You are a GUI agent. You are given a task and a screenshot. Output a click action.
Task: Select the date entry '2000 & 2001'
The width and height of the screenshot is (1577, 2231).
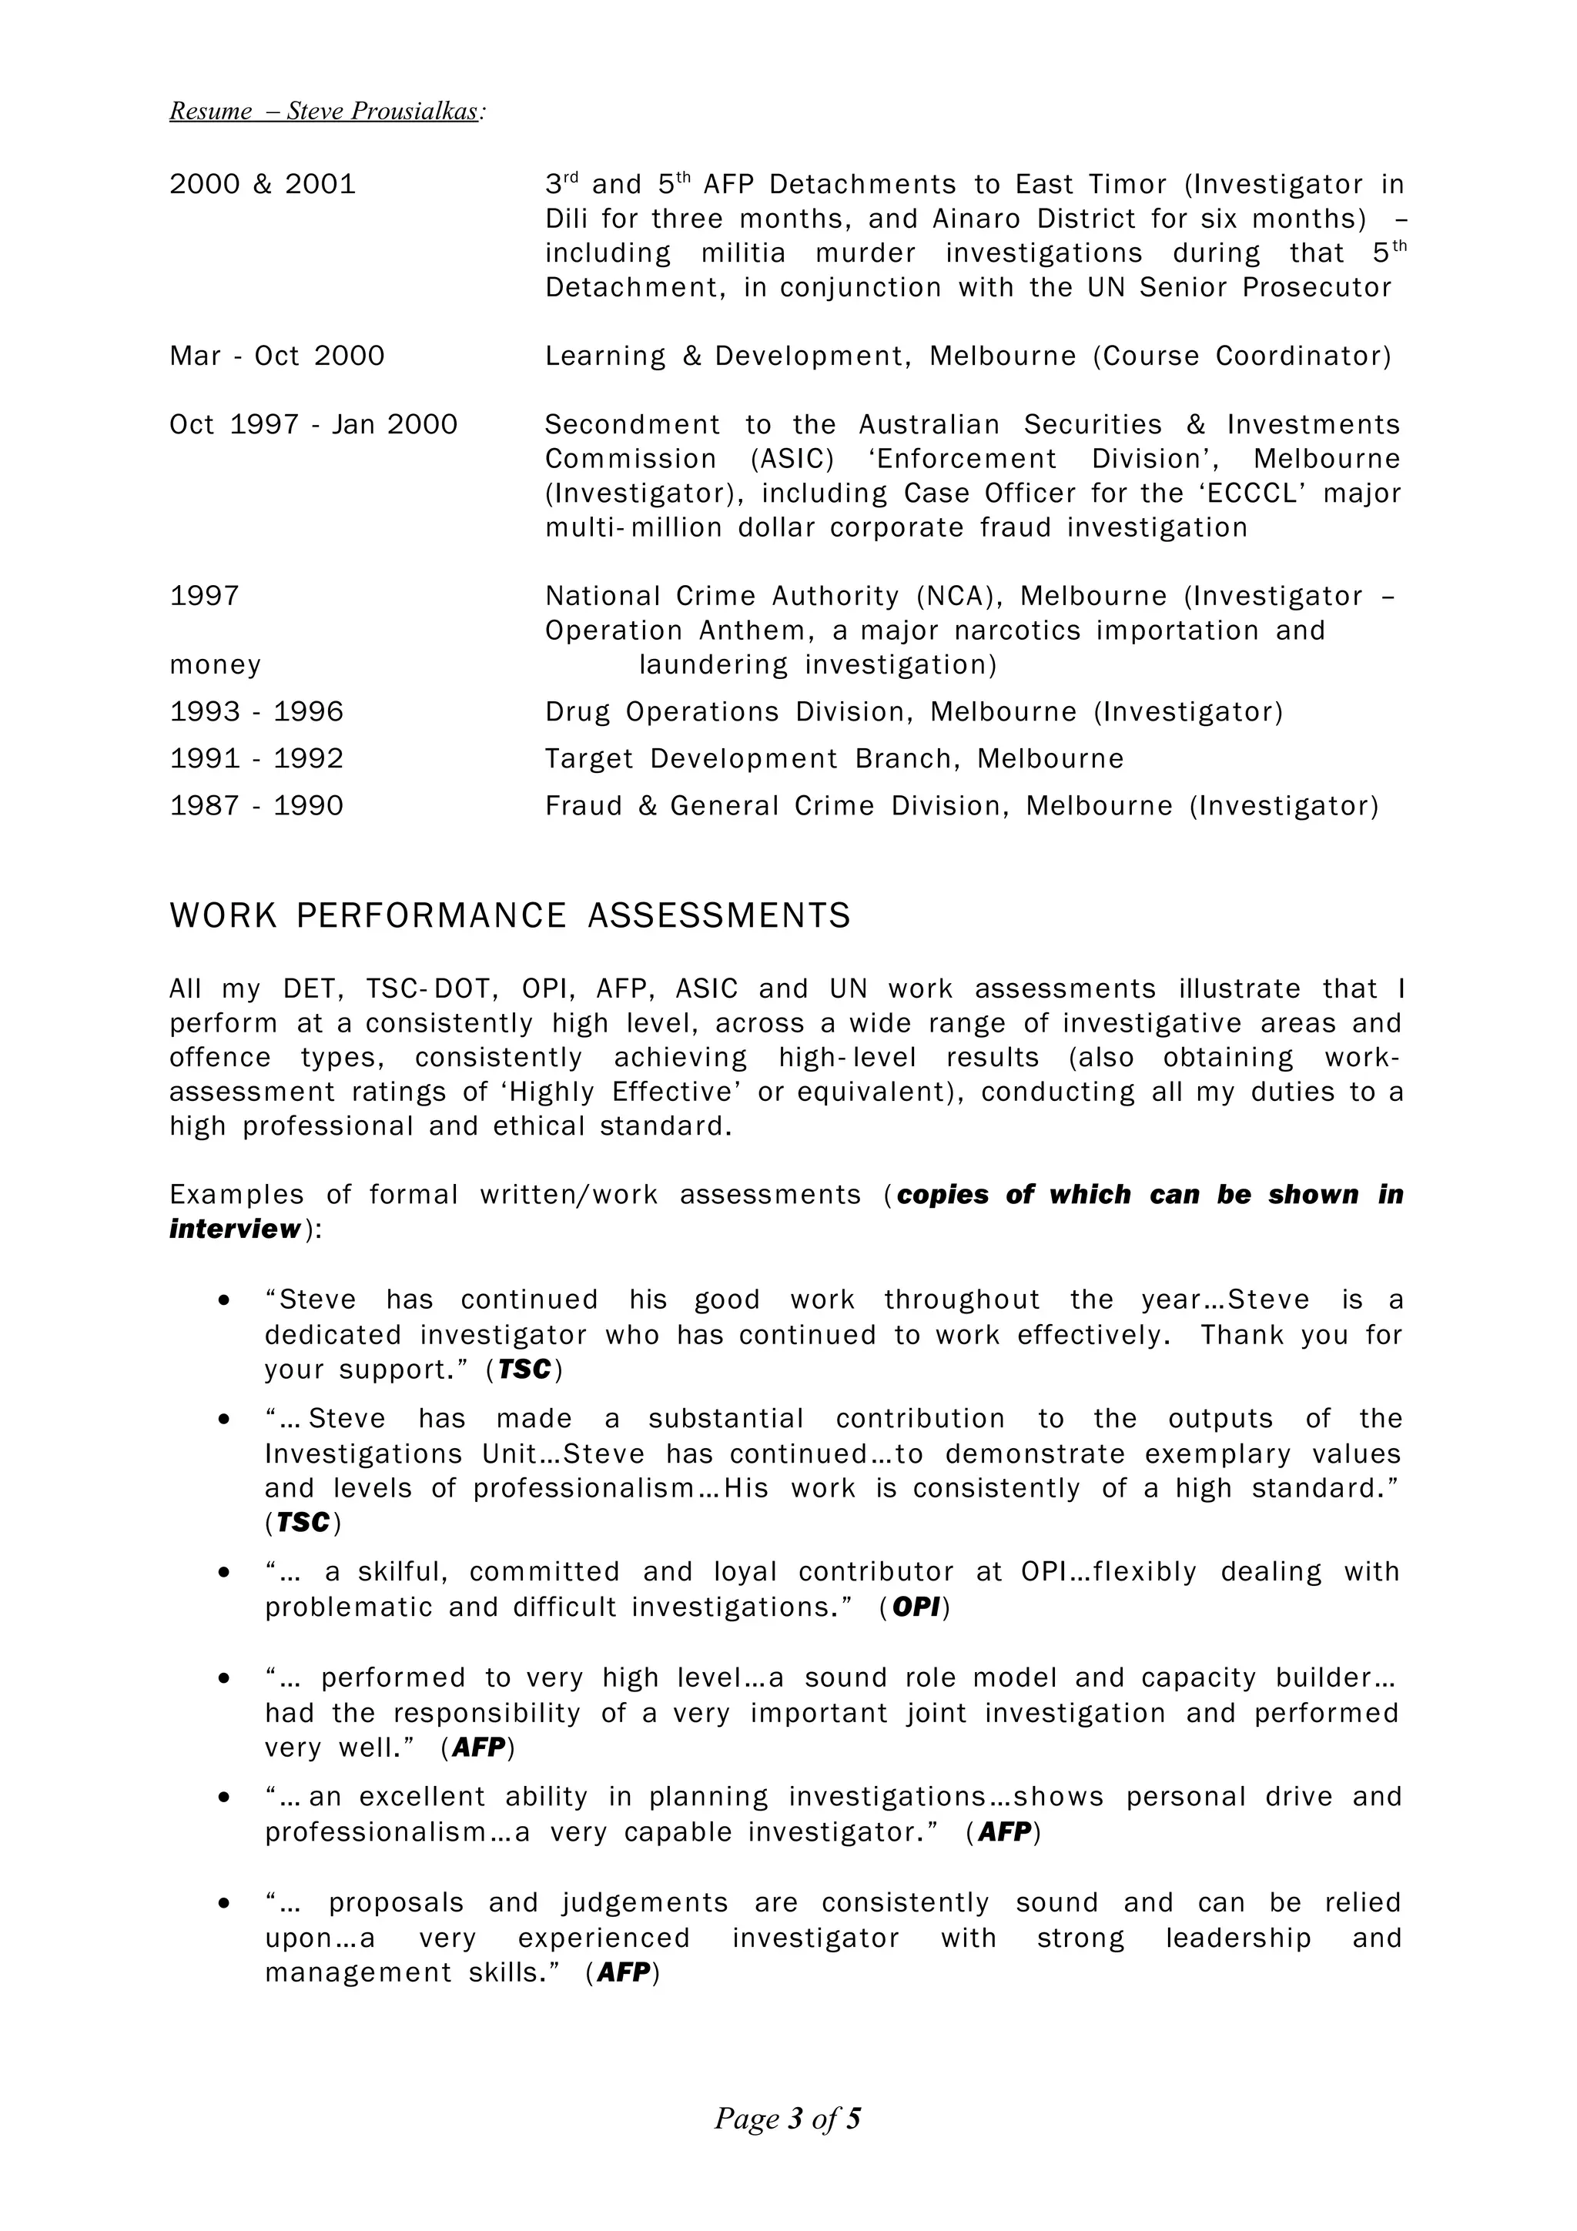263,185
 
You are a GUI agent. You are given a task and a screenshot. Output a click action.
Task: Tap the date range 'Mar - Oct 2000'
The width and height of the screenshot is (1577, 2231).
277,356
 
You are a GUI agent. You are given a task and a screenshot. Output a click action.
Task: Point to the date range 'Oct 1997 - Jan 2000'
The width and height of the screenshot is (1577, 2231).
313,425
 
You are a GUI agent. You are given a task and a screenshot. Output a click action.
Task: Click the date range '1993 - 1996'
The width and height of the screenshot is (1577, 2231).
256,712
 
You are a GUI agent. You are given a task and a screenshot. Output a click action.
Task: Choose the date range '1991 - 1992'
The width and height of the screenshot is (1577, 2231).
256,759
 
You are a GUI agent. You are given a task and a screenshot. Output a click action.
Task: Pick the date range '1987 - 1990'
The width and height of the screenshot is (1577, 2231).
256,807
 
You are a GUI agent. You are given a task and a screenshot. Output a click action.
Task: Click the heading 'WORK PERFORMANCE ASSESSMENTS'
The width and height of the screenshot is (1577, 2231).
510,916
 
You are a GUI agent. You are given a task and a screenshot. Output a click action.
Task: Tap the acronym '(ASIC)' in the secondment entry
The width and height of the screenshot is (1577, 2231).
791,460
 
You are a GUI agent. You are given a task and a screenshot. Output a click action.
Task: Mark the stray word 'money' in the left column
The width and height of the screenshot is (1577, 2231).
216,666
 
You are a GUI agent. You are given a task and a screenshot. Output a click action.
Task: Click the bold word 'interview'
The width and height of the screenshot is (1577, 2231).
235,1229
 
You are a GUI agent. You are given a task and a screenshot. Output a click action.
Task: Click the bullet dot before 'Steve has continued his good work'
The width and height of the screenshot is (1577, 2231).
224,1301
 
